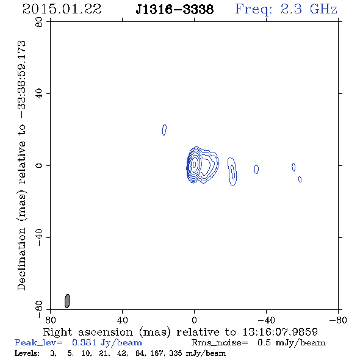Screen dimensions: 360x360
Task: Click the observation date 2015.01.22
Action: click(62, 9)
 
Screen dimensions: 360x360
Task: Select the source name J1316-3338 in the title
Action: click(175, 10)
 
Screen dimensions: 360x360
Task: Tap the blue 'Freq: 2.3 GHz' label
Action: click(286, 9)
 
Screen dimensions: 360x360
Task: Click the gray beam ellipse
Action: click(67, 301)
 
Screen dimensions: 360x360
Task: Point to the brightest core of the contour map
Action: click(195, 164)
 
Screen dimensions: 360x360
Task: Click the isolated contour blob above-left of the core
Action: click(164, 129)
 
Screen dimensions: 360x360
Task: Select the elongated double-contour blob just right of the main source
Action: click(232, 171)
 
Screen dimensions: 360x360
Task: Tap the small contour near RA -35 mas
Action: click(256, 170)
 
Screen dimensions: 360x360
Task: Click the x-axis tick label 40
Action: click(122, 320)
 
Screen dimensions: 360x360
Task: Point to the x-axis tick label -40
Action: click(266, 320)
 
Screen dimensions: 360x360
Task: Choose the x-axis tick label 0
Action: click(194, 320)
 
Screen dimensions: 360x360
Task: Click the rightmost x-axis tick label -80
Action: click(338, 320)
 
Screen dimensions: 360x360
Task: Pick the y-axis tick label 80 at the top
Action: click(39, 22)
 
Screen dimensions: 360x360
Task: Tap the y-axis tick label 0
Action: click(39, 165)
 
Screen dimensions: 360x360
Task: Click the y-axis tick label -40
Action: click(39, 237)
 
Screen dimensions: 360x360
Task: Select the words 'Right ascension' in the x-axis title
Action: click(88, 332)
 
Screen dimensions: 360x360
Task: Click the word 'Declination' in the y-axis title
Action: click(21, 259)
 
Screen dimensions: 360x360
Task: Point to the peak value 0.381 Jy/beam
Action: click(107, 342)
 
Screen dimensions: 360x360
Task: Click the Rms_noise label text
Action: click(220, 342)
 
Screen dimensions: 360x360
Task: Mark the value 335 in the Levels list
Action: click(176, 353)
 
